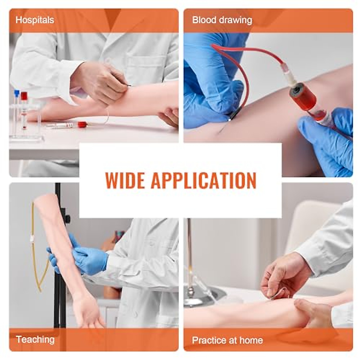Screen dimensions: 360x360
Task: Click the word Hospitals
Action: click(35, 20)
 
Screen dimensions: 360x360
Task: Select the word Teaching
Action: click(35, 340)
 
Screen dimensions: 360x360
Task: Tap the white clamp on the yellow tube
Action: click(32, 239)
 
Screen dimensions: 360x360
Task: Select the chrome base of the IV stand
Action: click(204, 295)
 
